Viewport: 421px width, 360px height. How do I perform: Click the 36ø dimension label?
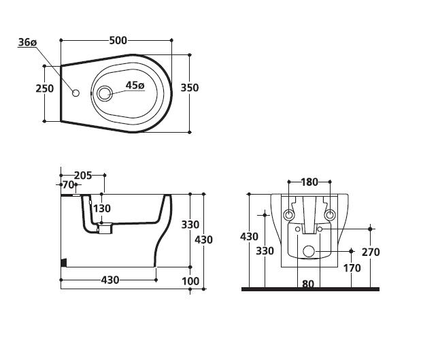(27, 42)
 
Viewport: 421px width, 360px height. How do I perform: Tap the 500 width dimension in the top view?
(118, 40)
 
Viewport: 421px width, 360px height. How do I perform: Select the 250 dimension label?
(45, 88)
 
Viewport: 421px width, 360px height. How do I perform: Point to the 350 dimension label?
(190, 88)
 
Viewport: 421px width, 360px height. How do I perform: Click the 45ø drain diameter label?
(135, 85)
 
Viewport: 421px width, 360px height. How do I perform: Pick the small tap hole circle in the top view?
(76, 93)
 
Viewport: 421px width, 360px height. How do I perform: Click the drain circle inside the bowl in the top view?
(104, 93)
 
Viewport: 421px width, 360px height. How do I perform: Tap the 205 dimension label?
(83, 176)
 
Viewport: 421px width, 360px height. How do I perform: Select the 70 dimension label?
(68, 184)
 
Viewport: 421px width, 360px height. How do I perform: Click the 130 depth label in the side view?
(102, 208)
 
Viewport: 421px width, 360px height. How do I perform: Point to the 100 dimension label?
(190, 281)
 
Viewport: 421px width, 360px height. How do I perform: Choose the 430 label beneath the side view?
(110, 280)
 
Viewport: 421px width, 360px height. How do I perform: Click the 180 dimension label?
(309, 182)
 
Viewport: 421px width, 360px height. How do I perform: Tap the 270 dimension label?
(371, 252)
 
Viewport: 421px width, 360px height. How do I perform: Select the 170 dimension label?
(352, 268)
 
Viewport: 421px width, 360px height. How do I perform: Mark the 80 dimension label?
(308, 284)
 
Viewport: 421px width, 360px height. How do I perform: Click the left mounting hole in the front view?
(289, 215)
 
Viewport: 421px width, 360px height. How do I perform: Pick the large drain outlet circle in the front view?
(309, 251)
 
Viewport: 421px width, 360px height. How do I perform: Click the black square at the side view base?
(64, 263)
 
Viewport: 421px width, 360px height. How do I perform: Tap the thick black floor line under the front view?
(310, 289)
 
